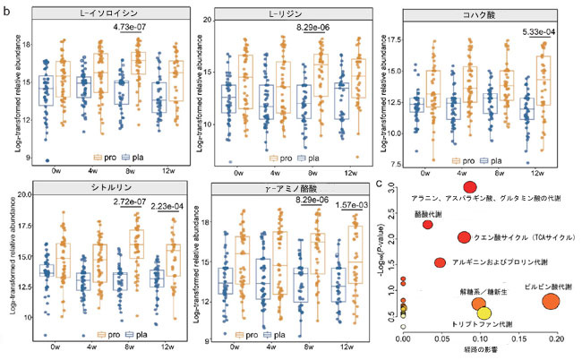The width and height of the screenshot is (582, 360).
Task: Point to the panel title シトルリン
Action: pyautogui.click(x=94, y=188)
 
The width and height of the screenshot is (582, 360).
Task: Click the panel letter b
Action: pyautogui.click(x=6, y=9)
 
